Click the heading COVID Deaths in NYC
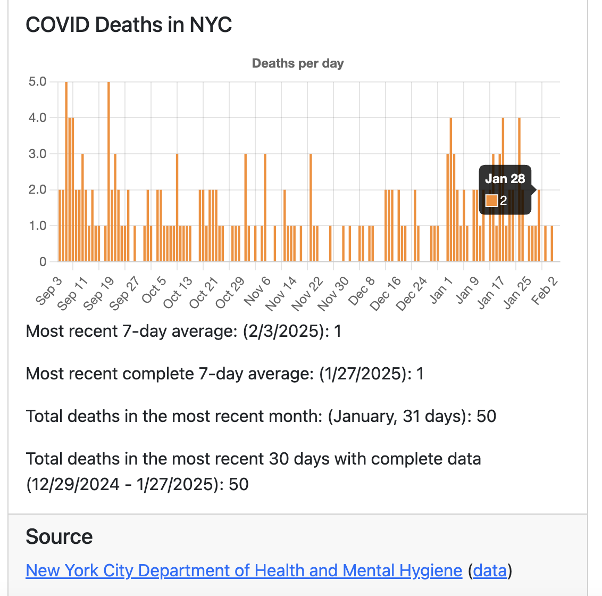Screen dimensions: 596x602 coord(129,25)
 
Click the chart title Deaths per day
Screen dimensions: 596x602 coord(298,63)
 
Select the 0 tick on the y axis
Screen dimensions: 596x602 coord(43,262)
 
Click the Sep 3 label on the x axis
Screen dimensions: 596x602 coord(49,291)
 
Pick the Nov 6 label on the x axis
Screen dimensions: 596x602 coord(257,291)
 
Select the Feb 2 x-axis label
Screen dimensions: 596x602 coord(545,291)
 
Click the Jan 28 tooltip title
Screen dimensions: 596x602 coord(505,179)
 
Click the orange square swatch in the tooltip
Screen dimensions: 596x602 coord(491,201)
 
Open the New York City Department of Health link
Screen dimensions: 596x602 coord(244,570)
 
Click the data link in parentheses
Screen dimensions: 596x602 coord(490,570)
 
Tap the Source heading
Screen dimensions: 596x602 coord(59,537)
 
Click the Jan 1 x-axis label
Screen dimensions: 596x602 coord(441,291)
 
